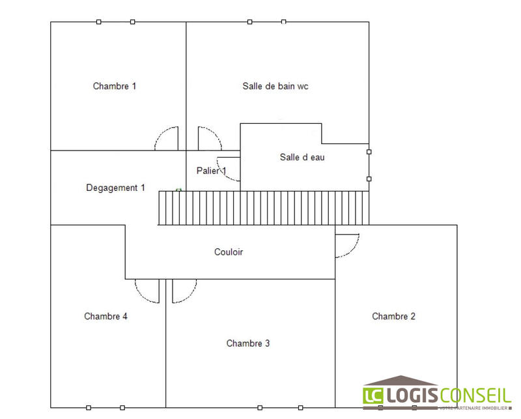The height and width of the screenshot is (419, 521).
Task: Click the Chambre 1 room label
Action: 115,86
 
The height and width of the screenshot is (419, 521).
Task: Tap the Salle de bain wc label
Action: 275,86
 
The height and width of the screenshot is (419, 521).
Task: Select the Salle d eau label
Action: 302,157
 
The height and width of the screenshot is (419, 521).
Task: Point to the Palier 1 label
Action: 211,171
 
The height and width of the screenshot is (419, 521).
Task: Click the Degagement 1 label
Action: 115,188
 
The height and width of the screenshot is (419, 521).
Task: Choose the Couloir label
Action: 229,252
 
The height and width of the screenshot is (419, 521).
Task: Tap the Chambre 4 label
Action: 106,316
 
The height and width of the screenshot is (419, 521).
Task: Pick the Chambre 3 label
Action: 248,343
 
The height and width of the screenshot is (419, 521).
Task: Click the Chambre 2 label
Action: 393,316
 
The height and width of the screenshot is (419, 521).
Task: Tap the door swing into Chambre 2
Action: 352,251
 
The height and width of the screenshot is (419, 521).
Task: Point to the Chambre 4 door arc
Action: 142,296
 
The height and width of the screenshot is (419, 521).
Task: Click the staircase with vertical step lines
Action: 264,208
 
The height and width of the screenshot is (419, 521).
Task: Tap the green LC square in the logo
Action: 373,396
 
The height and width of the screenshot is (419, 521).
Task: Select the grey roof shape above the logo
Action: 401,381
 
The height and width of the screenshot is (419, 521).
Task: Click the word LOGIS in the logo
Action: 412,396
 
